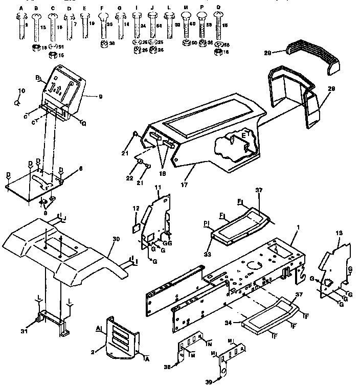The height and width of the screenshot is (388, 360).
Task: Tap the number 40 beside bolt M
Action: [192, 24]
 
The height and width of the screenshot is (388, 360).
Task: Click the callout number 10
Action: [21, 91]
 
